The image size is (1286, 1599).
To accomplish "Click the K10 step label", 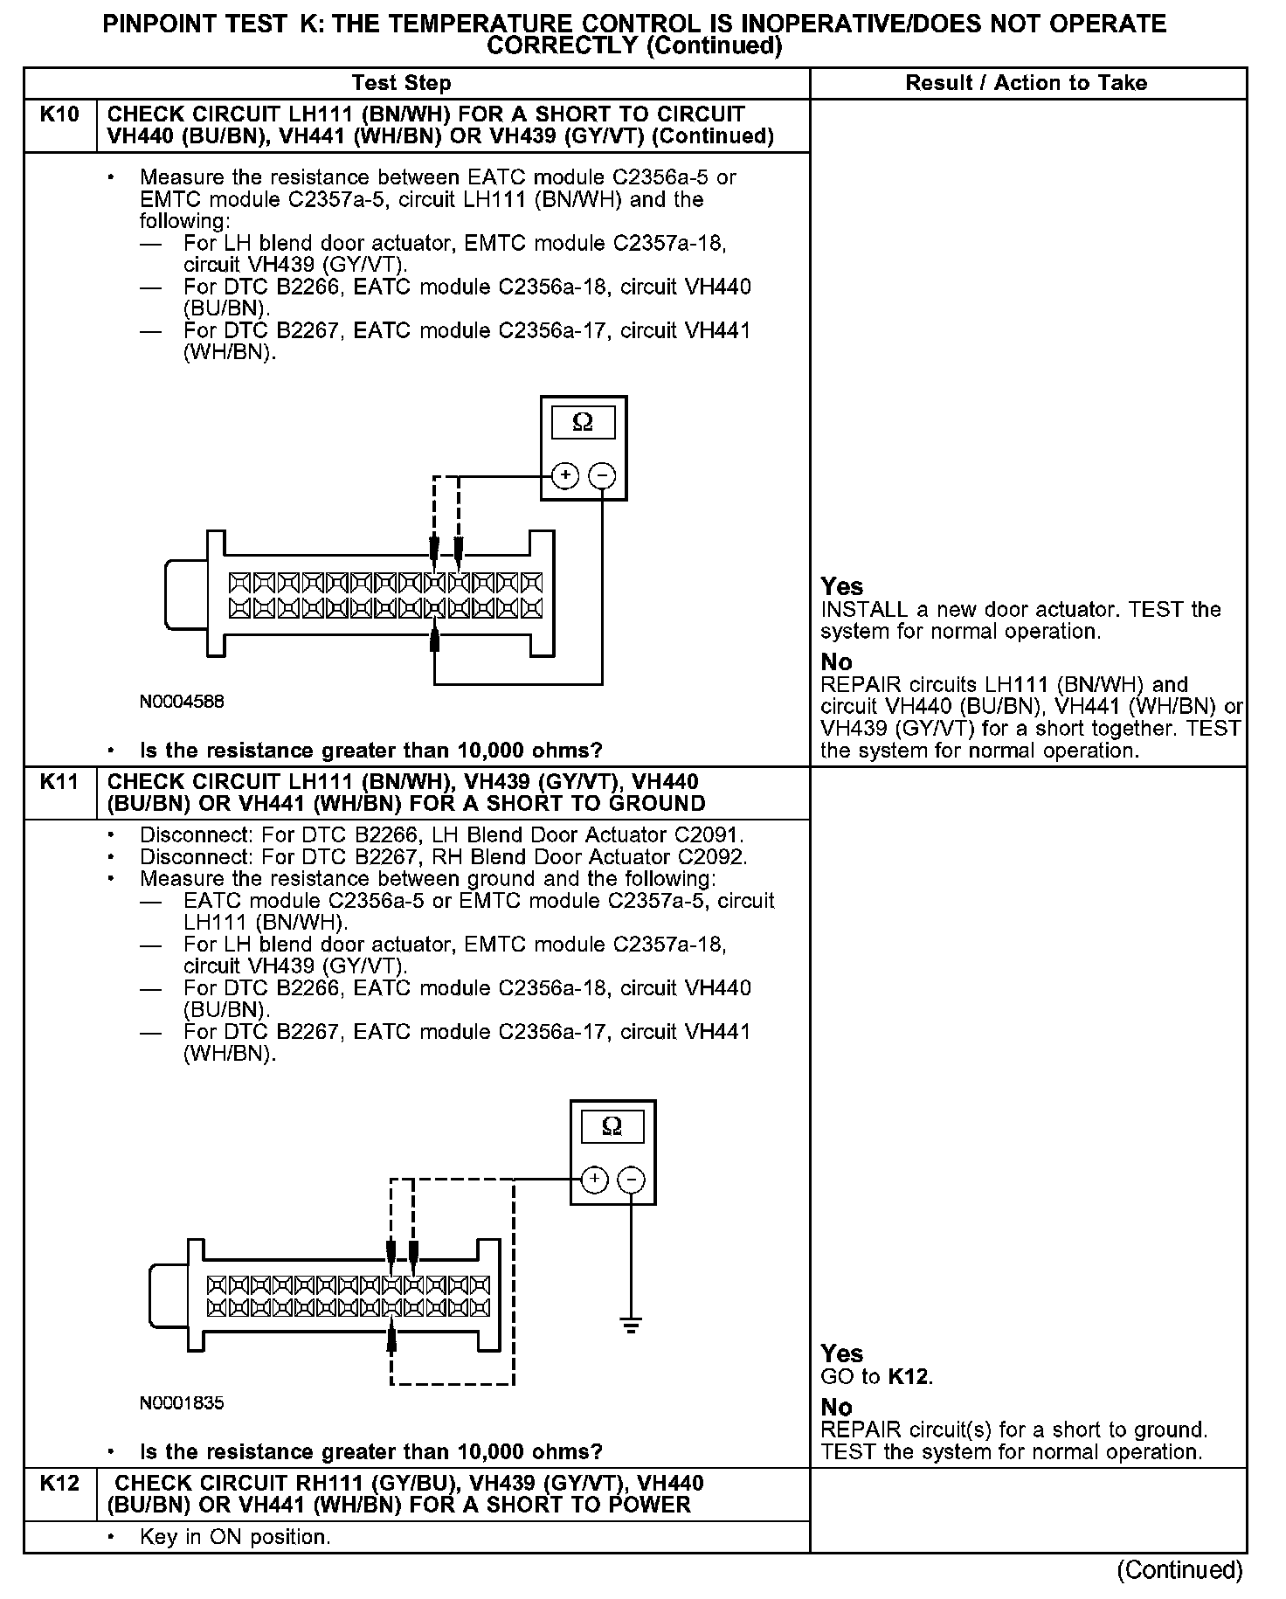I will click(59, 115).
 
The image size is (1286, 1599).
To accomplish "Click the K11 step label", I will click(59, 782).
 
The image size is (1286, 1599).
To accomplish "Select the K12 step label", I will click(59, 1484).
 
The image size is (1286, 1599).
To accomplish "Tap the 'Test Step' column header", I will click(401, 84).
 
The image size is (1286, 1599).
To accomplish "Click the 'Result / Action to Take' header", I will click(1027, 84).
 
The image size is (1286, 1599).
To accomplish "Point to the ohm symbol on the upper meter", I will click(583, 424).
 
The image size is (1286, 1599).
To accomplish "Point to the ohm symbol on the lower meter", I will click(612, 1127).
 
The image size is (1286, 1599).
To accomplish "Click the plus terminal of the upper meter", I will click(565, 476).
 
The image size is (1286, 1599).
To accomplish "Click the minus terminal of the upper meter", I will click(602, 476).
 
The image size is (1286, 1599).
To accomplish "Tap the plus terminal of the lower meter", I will click(594, 1180).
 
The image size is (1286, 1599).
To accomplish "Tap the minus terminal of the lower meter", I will click(632, 1180).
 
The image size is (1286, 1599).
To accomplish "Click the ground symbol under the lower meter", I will click(632, 1326).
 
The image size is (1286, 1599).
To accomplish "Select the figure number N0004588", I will click(182, 702).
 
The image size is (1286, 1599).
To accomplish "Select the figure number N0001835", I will click(182, 1404).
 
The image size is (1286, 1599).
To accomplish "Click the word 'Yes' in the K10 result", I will click(842, 587).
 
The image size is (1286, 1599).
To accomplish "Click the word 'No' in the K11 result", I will click(836, 1408).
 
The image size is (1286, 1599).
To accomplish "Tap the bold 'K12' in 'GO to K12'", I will click(909, 1378).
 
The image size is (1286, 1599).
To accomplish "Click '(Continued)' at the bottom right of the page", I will click(1179, 1570).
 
